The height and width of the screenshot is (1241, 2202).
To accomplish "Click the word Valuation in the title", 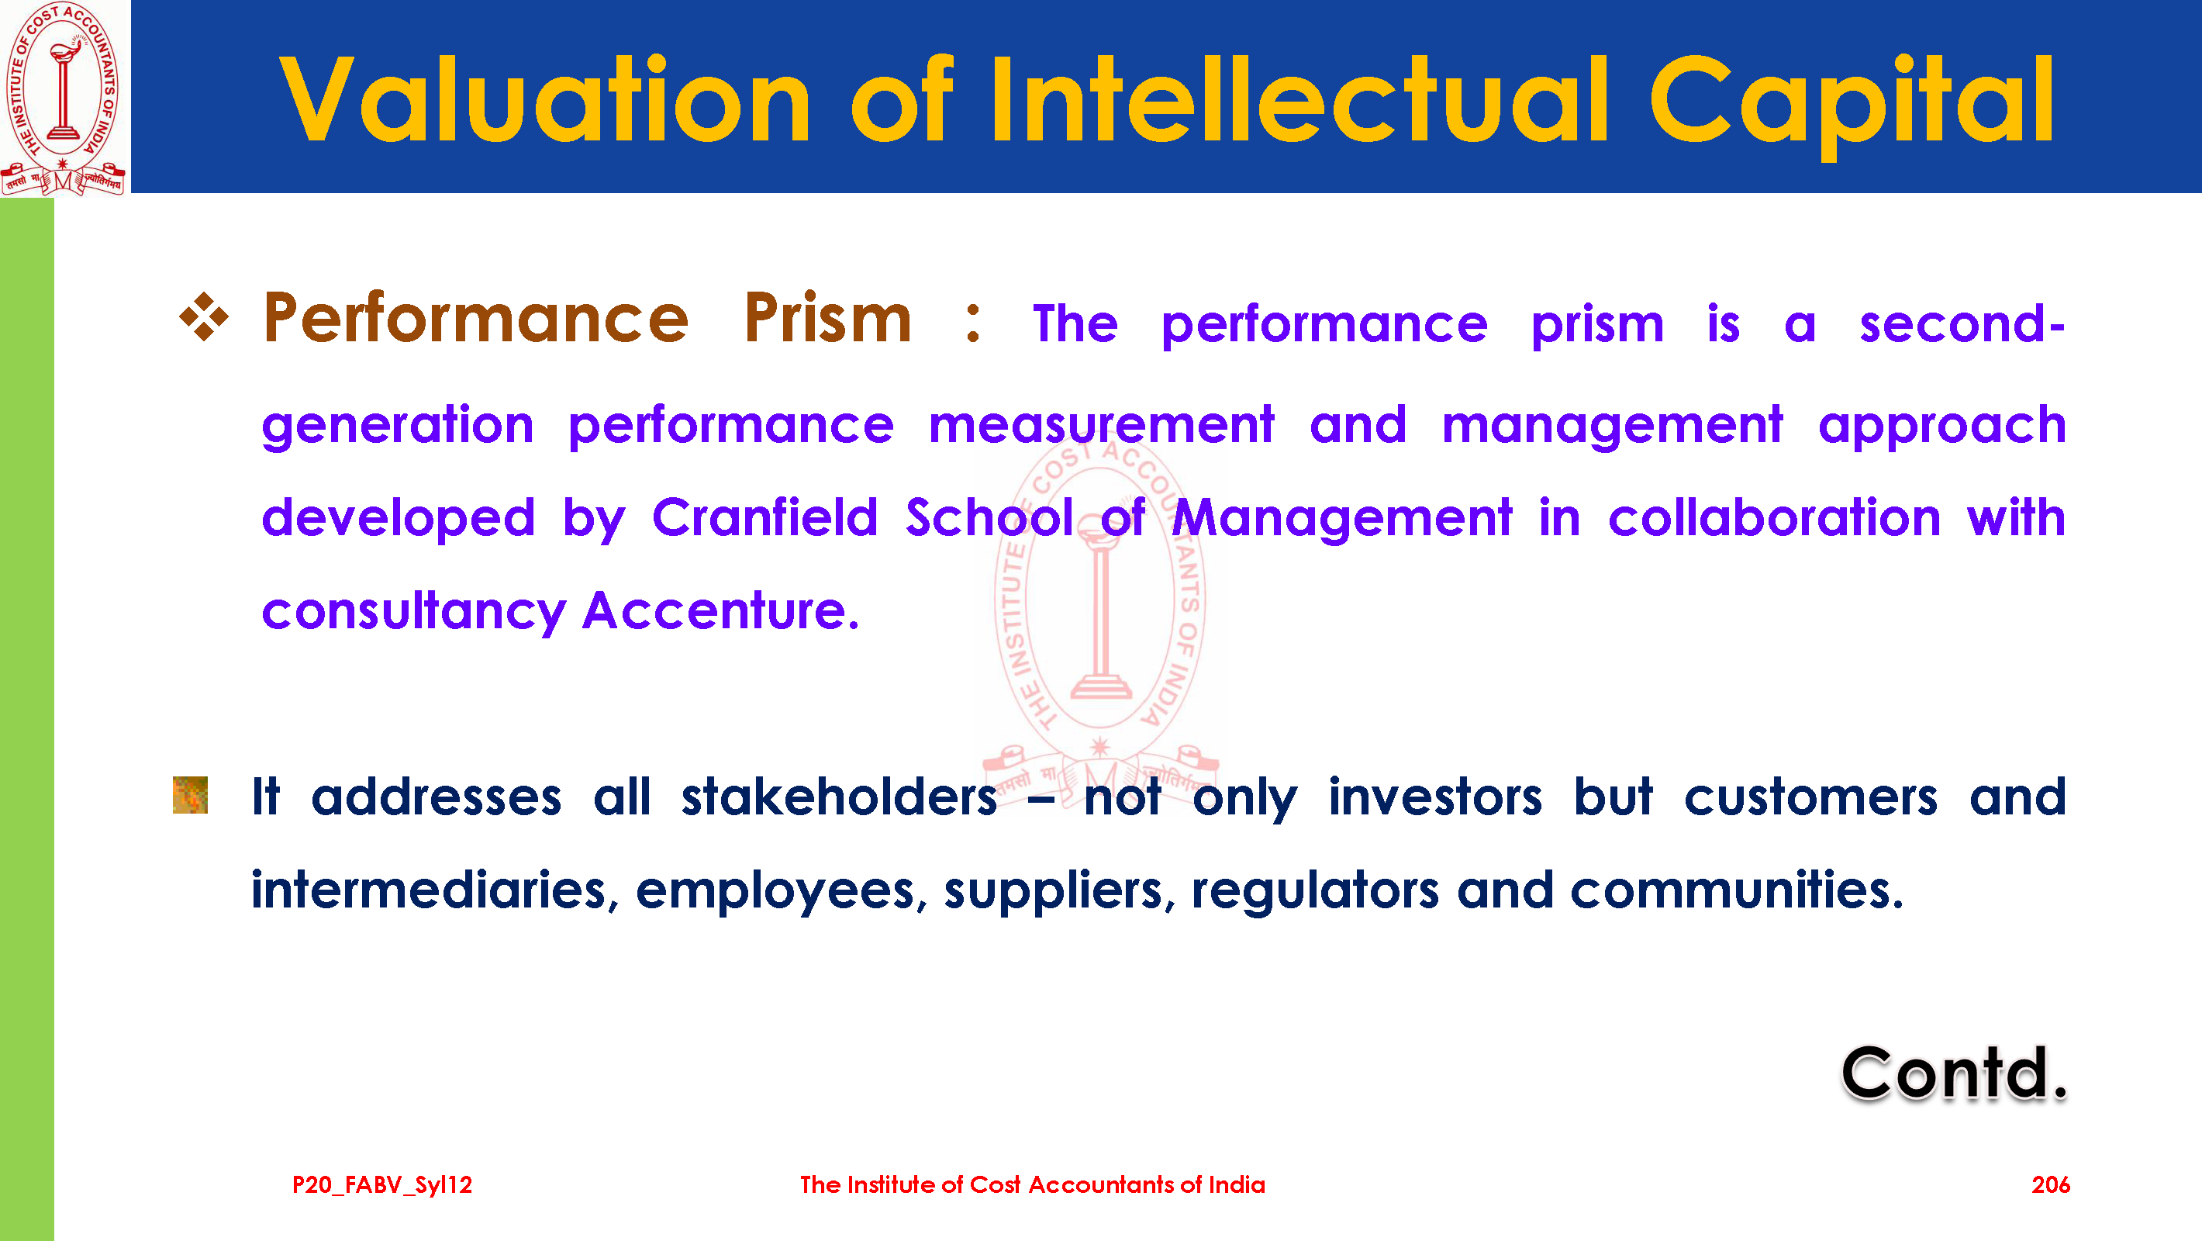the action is [x=545, y=99].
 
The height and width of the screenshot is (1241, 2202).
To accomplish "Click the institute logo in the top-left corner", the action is [x=64, y=98].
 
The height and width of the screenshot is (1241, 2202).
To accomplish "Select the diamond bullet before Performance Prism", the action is [x=204, y=317].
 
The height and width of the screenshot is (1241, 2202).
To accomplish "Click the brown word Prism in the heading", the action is [x=827, y=317].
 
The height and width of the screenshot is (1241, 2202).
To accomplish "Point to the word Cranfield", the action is [x=765, y=517].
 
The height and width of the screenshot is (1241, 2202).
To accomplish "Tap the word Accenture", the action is [x=720, y=610].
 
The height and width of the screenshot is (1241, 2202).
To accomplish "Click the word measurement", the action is [x=1102, y=425].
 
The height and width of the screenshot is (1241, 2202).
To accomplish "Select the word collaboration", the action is [x=1775, y=517].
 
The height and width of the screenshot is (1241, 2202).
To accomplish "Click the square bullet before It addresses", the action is [x=190, y=794].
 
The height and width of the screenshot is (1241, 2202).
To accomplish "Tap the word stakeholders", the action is [x=840, y=797].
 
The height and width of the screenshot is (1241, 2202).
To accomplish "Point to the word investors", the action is [x=1435, y=797].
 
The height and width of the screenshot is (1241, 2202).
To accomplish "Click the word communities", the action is [x=1737, y=890].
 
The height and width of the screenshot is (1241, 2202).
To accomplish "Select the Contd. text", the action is [x=1954, y=1073].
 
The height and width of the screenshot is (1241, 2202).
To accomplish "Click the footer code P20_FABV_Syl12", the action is [x=382, y=1185].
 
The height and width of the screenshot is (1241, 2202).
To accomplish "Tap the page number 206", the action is [x=2051, y=1184].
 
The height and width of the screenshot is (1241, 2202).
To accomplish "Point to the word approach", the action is [x=1942, y=427].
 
